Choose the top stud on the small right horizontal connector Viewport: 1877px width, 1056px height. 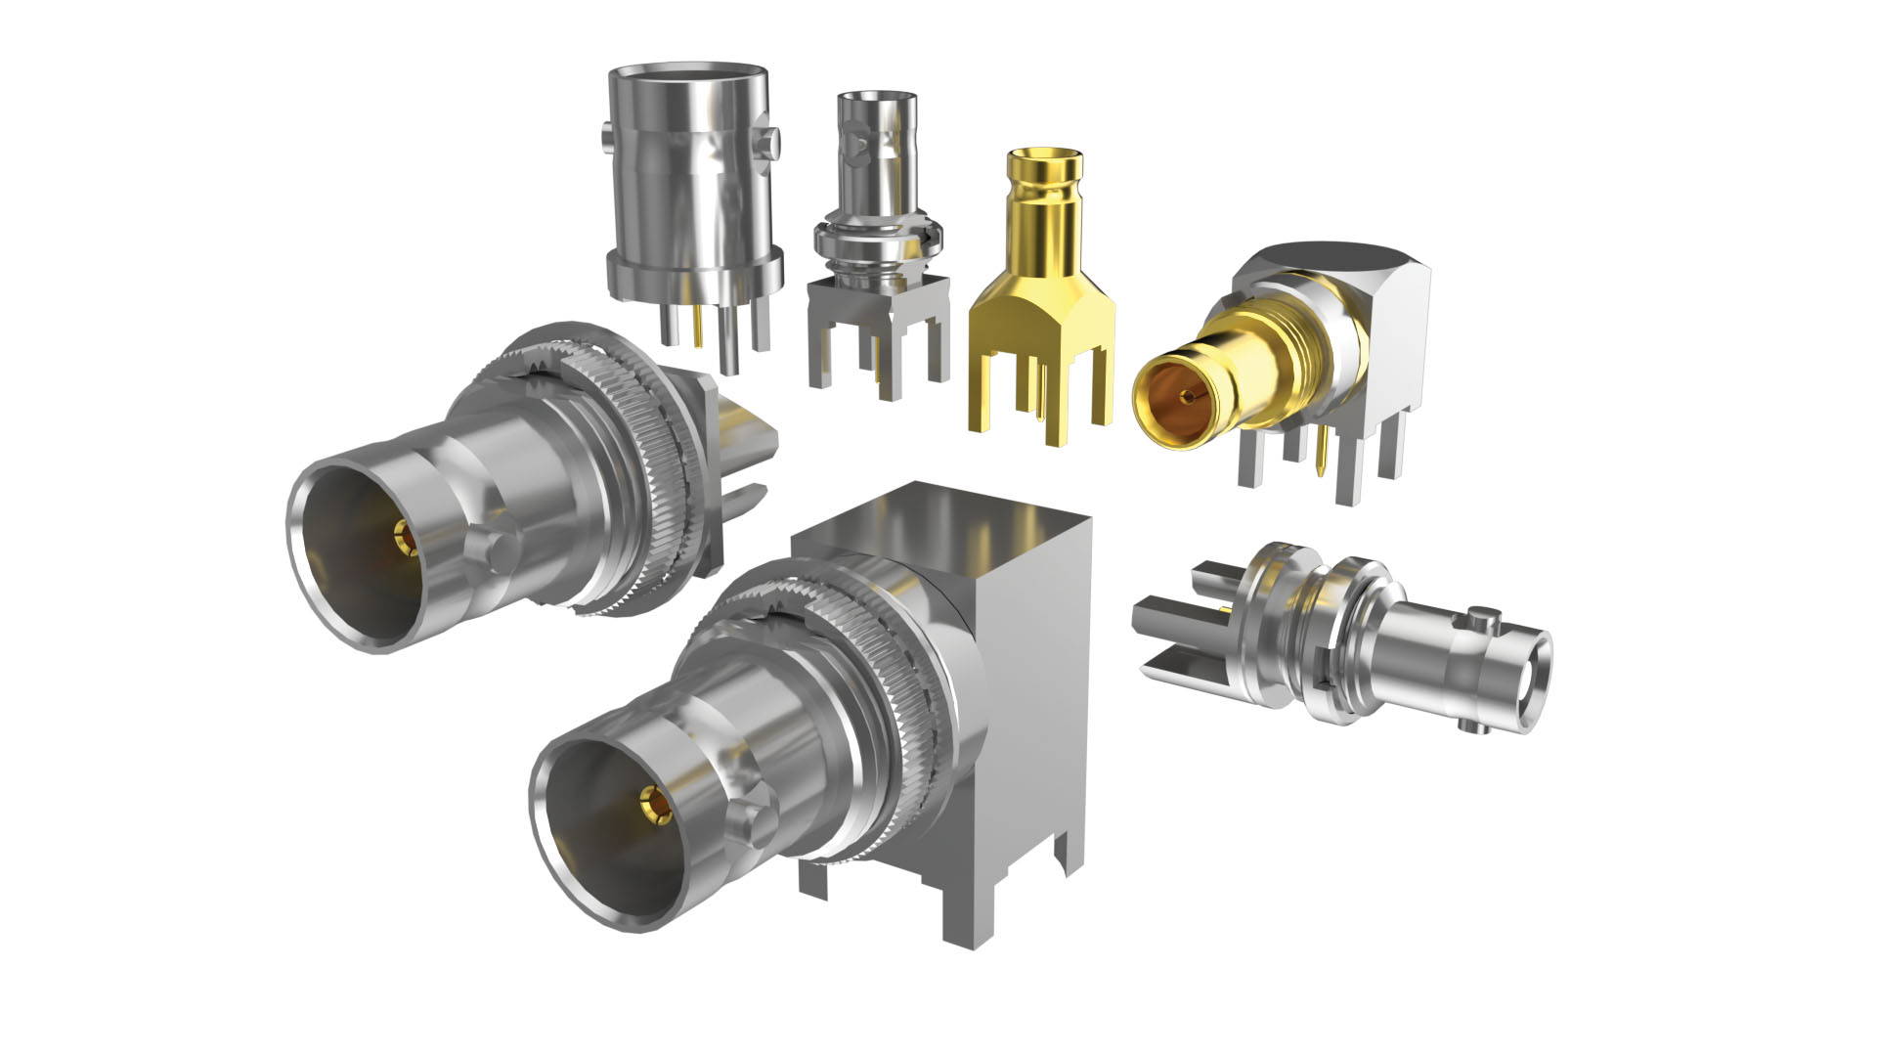(x=1483, y=618)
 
